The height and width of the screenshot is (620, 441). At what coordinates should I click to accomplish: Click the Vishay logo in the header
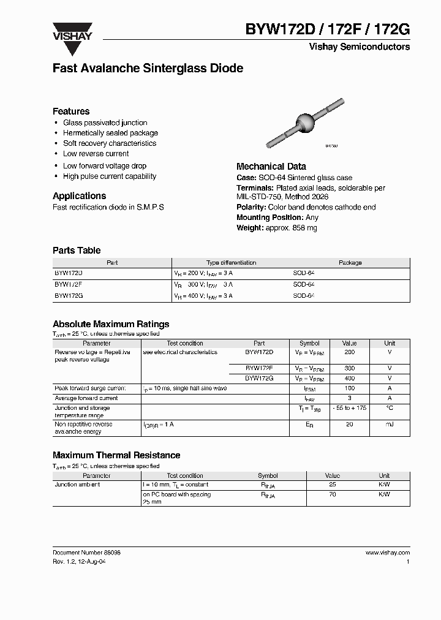[72, 31]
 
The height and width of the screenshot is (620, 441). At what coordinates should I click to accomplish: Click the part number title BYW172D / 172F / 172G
[328, 29]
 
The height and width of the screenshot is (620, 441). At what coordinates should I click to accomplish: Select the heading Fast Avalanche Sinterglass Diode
[148, 69]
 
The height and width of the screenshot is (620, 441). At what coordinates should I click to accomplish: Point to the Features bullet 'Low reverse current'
[96, 154]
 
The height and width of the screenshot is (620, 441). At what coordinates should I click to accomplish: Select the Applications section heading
[79, 196]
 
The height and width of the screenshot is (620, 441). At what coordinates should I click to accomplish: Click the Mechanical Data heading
[271, 167]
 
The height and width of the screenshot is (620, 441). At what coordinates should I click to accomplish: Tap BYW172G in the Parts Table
[69, 296]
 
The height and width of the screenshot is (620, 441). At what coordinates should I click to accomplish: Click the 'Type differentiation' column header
[231, 263]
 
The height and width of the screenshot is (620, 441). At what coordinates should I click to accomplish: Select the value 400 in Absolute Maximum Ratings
[349, 379]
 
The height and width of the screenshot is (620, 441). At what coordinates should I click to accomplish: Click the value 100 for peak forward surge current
[349, 388]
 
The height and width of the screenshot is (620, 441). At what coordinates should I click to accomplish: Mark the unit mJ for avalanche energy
[390, 424]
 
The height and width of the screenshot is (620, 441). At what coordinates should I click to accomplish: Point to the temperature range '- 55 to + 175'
[349, 408]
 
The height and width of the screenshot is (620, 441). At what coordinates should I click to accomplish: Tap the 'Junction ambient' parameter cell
[77, 485]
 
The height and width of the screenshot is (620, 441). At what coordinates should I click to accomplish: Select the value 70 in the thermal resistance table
[333, 494]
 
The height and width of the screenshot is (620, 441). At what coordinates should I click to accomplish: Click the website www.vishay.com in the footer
[387, 553]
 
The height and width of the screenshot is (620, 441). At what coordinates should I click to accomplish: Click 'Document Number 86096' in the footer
[86, 553]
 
